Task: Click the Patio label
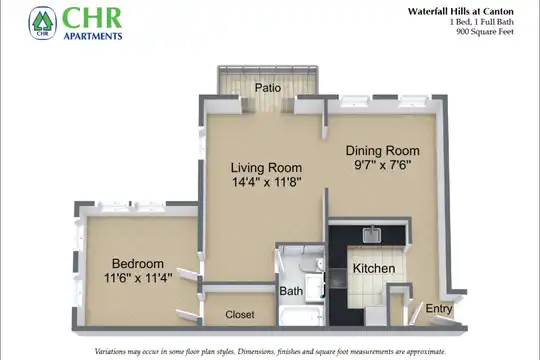pos(268,88)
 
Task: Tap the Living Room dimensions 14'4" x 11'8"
pos(267,182)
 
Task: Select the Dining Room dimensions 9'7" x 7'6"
pos(383,165)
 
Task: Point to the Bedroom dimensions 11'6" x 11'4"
pos(138,278)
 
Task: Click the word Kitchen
pos(374,268)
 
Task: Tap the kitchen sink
pos(372,235)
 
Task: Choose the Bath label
pos(291,291)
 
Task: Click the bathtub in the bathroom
pos(300,315)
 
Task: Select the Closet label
pos(240,314)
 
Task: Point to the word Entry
pos(438,308)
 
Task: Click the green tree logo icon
pos(42,23)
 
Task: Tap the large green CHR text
pos(92,18)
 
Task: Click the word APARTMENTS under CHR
pos(93,36)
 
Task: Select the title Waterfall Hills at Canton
pos(460,11)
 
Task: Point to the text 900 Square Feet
pos(485,32)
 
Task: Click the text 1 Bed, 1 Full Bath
pos(481,22)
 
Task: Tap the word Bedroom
pos(138,264)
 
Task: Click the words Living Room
pos(266,168)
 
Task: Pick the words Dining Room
pos(383,151)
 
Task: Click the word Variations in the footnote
pos(110,352)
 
